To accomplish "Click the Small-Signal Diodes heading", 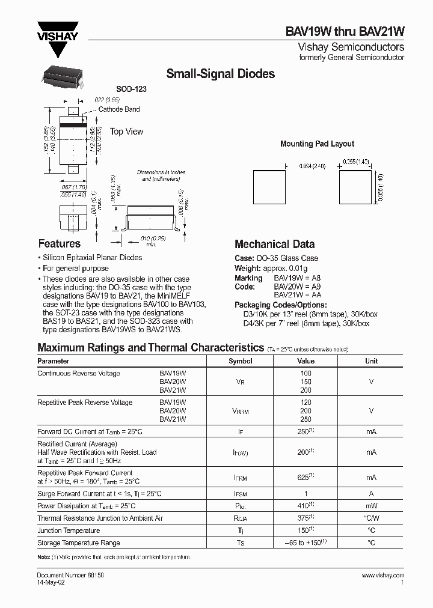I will click(220, 74).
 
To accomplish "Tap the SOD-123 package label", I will click(131, 89).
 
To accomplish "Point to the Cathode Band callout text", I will click(119, 109).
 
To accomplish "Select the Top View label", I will click(126, 132).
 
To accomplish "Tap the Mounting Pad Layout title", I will click(317, 144).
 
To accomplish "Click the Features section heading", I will click(59, 244).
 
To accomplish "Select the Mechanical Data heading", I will click(274, 245).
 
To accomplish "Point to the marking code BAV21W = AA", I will click(298, 295).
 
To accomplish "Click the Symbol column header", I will click(241, 361).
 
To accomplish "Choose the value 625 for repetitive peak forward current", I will click(305, 477).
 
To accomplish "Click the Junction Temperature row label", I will click(69, 530).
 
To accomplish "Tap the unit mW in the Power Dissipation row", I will click(371, 506).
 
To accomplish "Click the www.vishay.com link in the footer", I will click(383, 575).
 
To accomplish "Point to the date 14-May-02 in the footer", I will click(51, 582).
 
